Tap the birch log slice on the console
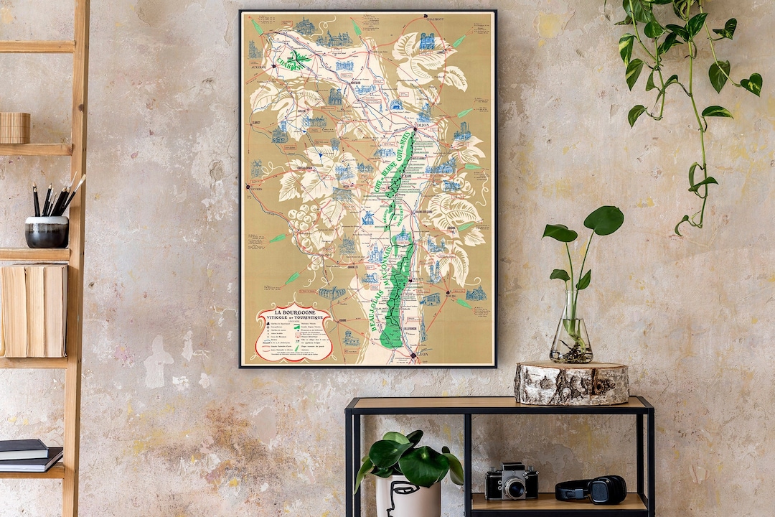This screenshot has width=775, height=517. (571, 383)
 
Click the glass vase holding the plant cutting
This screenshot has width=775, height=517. (571, 334)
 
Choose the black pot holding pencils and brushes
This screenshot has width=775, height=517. (47, 231)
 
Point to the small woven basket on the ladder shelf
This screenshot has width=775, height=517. (14, 128)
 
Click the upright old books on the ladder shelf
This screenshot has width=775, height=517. (34, 309)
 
